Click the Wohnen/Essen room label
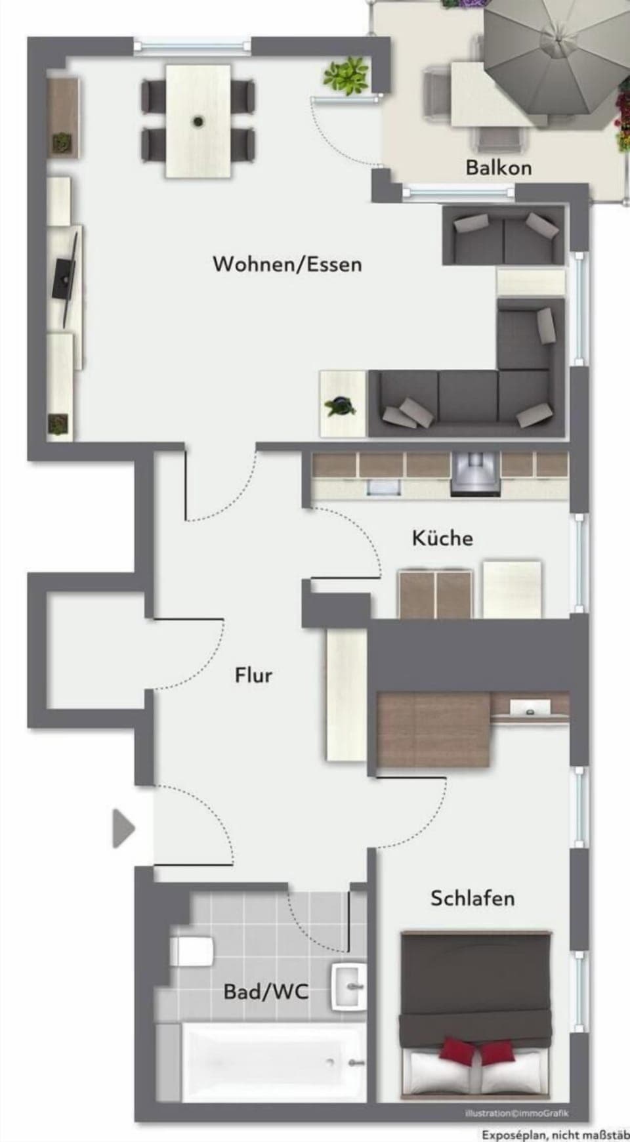click(287, 264)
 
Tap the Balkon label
click(498, 167)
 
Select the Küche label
click(442, 538)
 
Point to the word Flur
click(253, 675)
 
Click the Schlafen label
click(472, 898)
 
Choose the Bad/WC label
click(266, 991)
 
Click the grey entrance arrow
click(123, 829)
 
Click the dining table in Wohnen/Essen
click(198, 120)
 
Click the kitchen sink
click(384, 486)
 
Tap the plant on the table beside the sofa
click(342, 407)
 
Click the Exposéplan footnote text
click(555, 1135)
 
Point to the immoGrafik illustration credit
click(516, 1113)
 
